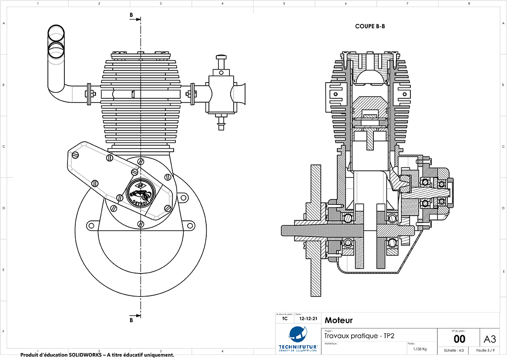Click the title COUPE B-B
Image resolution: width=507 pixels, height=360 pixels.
[370, 27]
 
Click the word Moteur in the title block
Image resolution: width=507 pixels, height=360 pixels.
[339, 321]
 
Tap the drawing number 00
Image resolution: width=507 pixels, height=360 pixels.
[459, 339]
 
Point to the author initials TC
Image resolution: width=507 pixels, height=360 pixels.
[285, 319]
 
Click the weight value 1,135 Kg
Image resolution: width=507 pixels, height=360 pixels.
[420, 349]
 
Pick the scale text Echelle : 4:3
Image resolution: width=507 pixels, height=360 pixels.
[454, 350]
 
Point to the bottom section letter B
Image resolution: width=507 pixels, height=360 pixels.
[131, 320]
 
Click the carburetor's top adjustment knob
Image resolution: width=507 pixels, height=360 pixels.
[222, 57]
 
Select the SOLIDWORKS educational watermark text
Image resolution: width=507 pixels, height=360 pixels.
[97, 355]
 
